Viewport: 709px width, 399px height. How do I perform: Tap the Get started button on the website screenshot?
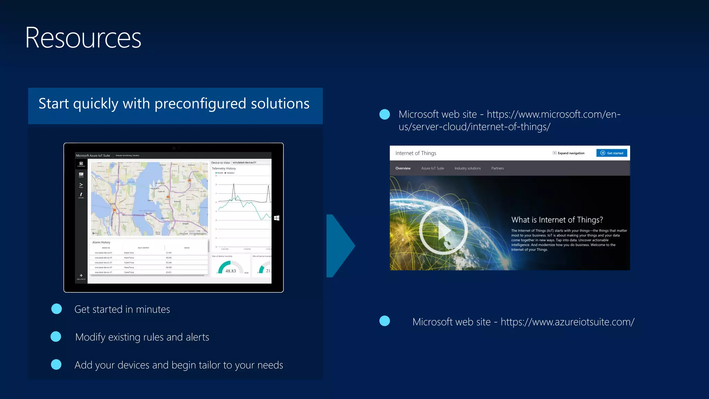tap(611, 153)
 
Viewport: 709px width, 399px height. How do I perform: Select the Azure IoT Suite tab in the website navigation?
tap(432, 168)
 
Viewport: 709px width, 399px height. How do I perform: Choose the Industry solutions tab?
tap(467, 168)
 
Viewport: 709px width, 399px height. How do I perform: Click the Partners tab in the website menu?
tap(497, 168)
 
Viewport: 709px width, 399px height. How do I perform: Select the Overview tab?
tap(403, 168)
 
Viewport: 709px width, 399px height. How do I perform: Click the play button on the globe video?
tap(443, 230)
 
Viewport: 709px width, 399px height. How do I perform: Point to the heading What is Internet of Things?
tap(557, 220)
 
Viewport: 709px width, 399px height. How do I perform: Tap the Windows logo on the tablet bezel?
tap(277, 218)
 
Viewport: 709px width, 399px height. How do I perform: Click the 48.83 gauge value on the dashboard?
tap(231, 271)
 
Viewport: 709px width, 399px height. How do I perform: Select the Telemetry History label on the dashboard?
tap(224, 168)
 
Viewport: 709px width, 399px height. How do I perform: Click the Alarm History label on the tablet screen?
tap(101, 242)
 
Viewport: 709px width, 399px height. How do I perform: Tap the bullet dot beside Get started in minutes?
tap(56, 309)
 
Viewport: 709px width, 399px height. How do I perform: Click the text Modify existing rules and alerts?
tap(142, 337)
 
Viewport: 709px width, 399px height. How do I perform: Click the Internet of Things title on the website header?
tap(415, 153)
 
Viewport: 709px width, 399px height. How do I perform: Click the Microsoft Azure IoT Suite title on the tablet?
tap(93, 156)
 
